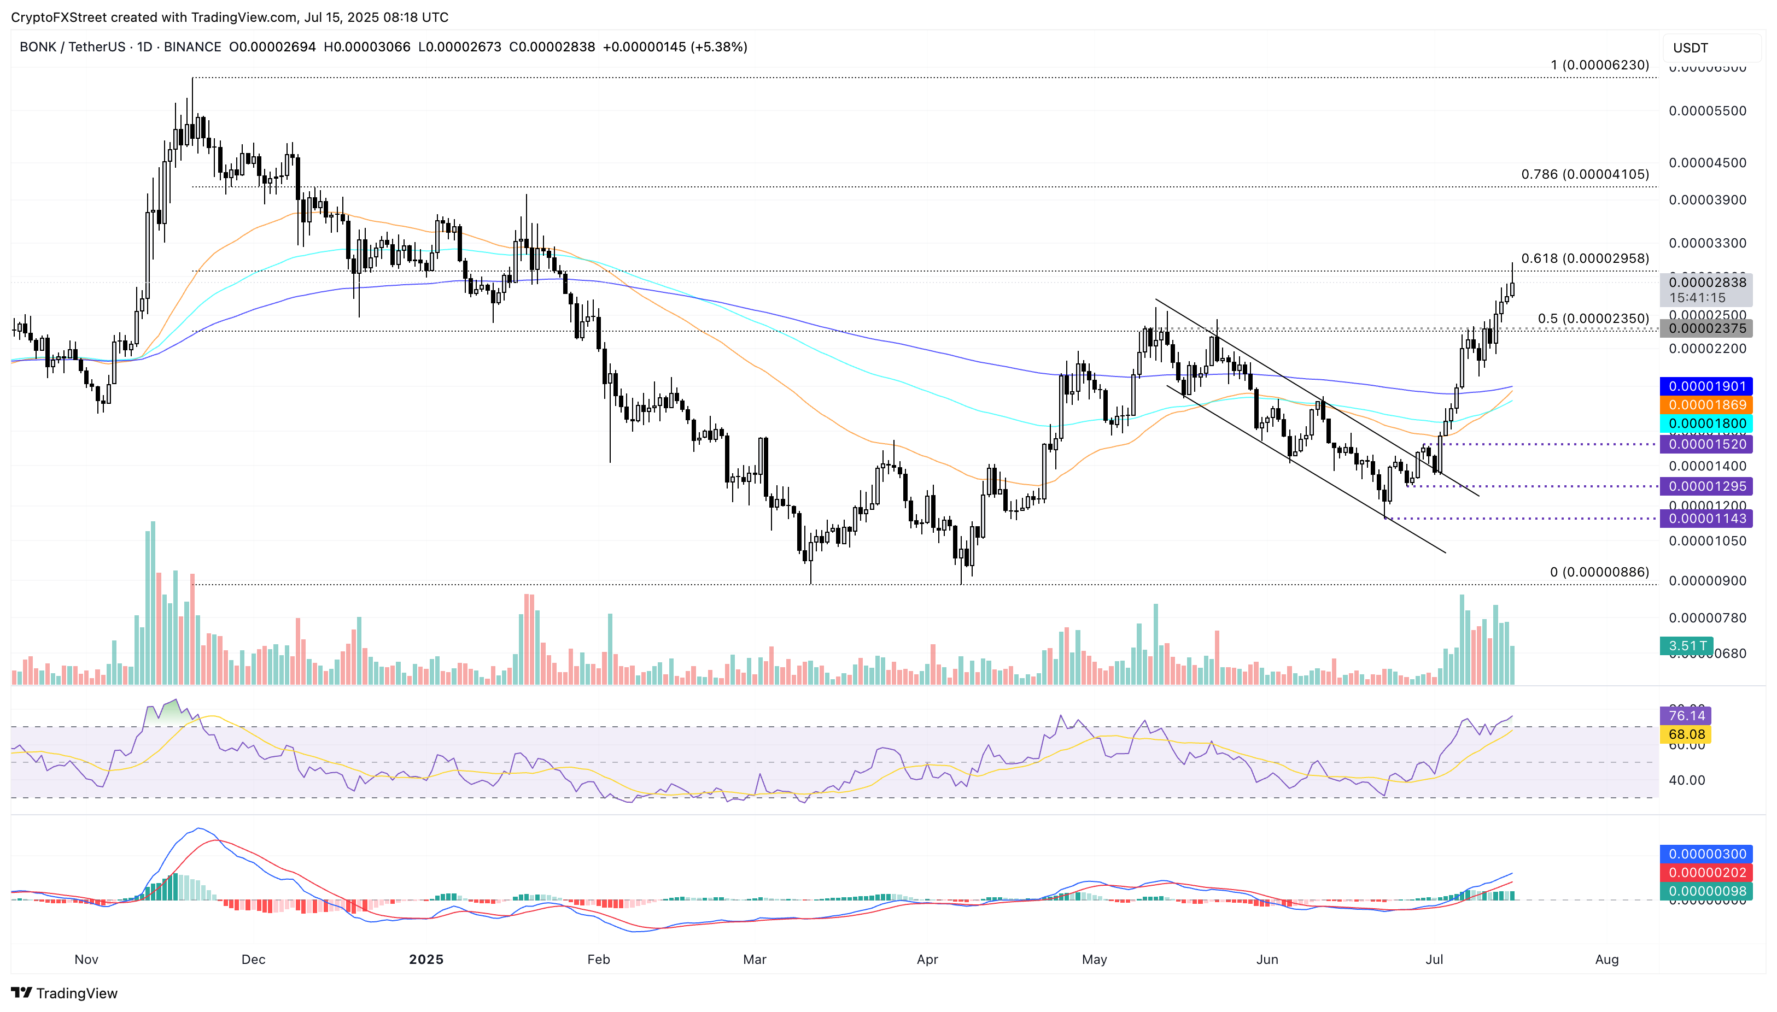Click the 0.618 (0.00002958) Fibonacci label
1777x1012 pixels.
pos(1585,258)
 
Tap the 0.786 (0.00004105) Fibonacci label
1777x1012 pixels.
pos(1585,174)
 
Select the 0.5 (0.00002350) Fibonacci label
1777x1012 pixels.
pos(1593,319)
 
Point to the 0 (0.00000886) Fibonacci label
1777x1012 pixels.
pos(1599,572)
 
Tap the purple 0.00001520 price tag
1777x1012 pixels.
pos(1706,444)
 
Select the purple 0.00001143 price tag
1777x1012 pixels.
pos(1706,519)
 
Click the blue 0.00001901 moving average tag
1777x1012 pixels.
pos(1706,386)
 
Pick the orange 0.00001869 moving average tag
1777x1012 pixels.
pos(1706,405)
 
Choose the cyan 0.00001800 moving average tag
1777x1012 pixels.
pos(1706,423)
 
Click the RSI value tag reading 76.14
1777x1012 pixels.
pos(1686,716)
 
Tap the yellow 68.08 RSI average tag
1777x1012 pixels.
pos(1686,734)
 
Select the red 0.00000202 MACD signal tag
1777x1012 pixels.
pos(1706,873)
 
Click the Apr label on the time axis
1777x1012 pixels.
pos(927,960)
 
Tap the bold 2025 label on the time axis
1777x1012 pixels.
pos(425,960)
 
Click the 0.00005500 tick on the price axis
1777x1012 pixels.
pos(1707,111)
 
